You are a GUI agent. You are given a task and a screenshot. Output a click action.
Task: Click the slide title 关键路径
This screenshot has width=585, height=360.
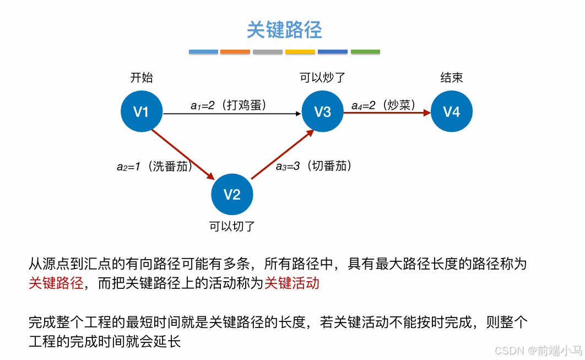coord(284,30)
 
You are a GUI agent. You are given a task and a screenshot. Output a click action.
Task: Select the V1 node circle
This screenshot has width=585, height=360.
coord(142,112)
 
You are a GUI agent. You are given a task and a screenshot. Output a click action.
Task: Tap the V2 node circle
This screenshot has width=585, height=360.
coord(232,194)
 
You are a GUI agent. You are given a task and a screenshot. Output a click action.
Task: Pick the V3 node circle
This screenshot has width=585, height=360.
coord(322,112)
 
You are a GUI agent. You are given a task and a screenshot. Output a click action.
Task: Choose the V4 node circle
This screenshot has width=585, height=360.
coord(452,112)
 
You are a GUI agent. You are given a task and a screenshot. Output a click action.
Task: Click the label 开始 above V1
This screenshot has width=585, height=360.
coord(142,78)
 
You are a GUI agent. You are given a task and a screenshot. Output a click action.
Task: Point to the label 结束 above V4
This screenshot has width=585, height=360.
coord(452,78)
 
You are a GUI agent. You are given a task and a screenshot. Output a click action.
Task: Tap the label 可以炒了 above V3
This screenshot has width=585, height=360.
coord(323,78)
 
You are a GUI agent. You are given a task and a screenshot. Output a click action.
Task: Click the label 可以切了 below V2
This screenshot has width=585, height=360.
coord(232,226)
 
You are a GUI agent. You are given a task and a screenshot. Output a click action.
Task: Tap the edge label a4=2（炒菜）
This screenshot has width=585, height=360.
coord(383,105)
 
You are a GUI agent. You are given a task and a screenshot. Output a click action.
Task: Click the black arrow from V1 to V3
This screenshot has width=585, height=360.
coord(231,114)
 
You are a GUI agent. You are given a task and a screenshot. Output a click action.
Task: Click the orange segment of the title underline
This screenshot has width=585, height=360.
coord(235,52)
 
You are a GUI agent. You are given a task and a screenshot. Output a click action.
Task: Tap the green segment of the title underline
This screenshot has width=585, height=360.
coord(365,52)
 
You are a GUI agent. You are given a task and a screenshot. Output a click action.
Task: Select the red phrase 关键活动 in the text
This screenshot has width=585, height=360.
coord(292,283)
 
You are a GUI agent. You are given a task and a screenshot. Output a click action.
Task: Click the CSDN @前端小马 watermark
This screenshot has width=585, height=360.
coord(538,350)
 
